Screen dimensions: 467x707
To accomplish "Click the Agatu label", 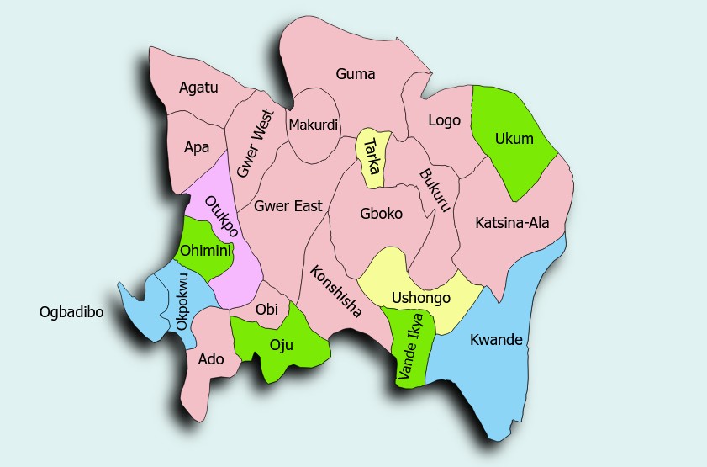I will point(198,86).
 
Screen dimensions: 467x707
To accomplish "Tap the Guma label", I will point(355,74).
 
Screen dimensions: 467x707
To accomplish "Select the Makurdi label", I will point(313,125).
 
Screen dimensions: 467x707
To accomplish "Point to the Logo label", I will point(444,120).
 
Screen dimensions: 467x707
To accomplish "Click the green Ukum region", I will point(513,139).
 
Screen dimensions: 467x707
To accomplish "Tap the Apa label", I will point(197,147).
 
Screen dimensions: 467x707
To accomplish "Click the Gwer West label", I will point(255,143).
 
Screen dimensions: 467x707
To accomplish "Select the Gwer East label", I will point(288,205).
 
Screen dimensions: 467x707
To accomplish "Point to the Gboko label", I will point(381,214).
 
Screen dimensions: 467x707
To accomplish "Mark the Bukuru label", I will point(435,190).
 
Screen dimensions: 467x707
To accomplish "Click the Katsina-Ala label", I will point(510,223).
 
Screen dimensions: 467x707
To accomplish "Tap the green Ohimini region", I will point(205,250).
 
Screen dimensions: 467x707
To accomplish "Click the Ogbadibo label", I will point(71,312).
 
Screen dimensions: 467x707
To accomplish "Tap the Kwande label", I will point(496,341).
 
